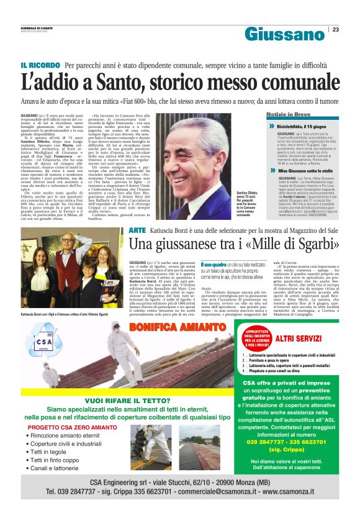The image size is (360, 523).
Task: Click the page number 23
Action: coord(335,29)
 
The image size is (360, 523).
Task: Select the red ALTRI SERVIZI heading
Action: coord(299,338)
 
